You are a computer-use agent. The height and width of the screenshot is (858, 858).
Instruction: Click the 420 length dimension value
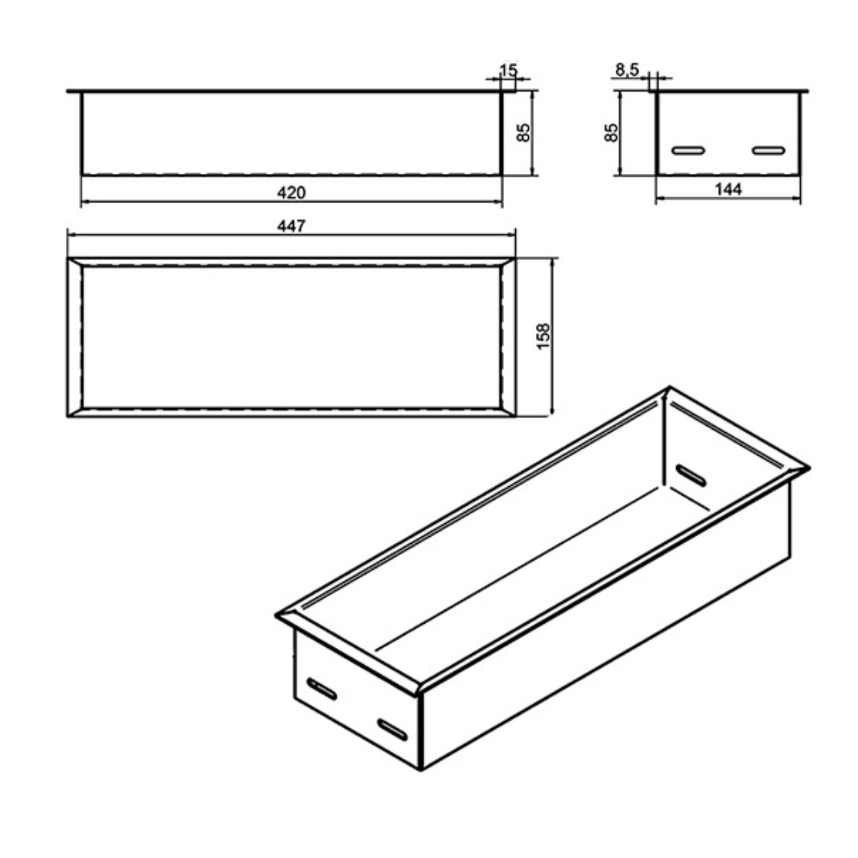point(291,193)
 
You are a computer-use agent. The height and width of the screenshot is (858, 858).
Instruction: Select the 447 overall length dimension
point(291,226)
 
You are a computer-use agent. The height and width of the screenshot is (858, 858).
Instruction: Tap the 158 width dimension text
point(543,337)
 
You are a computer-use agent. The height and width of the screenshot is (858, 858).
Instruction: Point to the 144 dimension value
point(728,189)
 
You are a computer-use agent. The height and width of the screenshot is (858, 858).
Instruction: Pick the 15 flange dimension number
point(508,70)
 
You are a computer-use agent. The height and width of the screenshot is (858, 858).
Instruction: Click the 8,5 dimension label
point(627,70)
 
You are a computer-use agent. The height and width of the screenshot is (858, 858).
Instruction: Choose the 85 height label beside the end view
point(611,132)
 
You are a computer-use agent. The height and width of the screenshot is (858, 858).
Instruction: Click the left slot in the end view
point(688,150)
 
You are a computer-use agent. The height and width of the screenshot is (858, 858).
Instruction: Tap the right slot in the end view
point(768,150)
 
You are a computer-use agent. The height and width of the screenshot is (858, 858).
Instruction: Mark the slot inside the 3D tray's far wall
point(691,475)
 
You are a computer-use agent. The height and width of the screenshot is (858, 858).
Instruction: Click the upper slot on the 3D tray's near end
point(322,689)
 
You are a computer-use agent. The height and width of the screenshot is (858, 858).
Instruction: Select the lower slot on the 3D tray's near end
point(393,729)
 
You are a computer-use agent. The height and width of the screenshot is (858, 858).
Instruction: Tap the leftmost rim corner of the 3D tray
point(276,616)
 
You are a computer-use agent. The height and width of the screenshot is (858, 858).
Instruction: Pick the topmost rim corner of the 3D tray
point(669,387)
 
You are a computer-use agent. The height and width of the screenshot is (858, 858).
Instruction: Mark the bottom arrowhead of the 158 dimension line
point(552,411)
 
